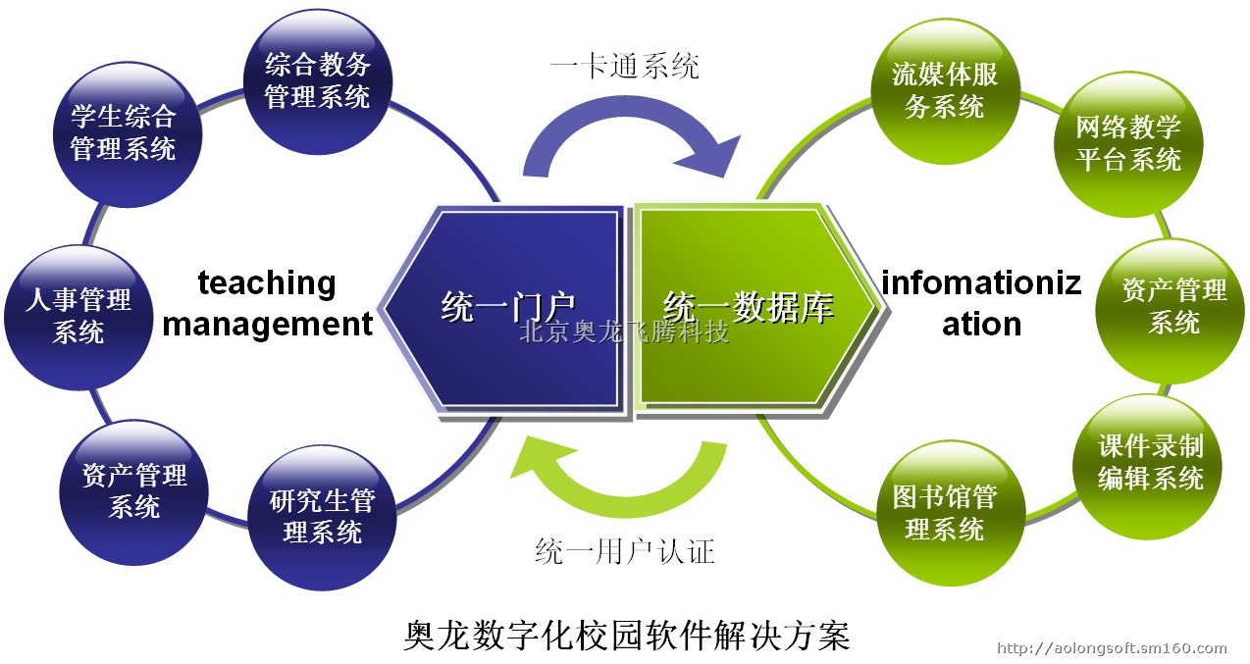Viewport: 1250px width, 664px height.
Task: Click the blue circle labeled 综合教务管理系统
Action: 318,81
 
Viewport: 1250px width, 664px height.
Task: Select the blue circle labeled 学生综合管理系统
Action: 128,134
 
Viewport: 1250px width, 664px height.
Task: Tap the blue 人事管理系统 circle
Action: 78,318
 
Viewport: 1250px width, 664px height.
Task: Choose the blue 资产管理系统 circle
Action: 133,492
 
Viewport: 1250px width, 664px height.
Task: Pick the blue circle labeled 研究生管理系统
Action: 322,517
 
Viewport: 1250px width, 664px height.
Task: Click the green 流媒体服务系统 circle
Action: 945,91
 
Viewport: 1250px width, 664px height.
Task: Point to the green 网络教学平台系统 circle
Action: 1128,144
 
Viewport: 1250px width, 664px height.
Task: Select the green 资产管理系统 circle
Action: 1171,311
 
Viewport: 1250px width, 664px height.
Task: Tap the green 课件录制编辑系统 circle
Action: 1147,467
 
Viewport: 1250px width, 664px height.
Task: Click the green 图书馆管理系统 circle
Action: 951,513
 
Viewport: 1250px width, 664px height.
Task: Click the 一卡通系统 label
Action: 624,66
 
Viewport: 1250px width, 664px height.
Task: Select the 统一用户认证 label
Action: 625,551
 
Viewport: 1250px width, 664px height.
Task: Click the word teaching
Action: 267,283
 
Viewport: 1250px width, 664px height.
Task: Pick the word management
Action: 267,324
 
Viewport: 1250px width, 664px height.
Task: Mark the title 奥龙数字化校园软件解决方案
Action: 626,635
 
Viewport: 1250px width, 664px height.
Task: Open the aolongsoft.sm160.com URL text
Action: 1112,648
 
